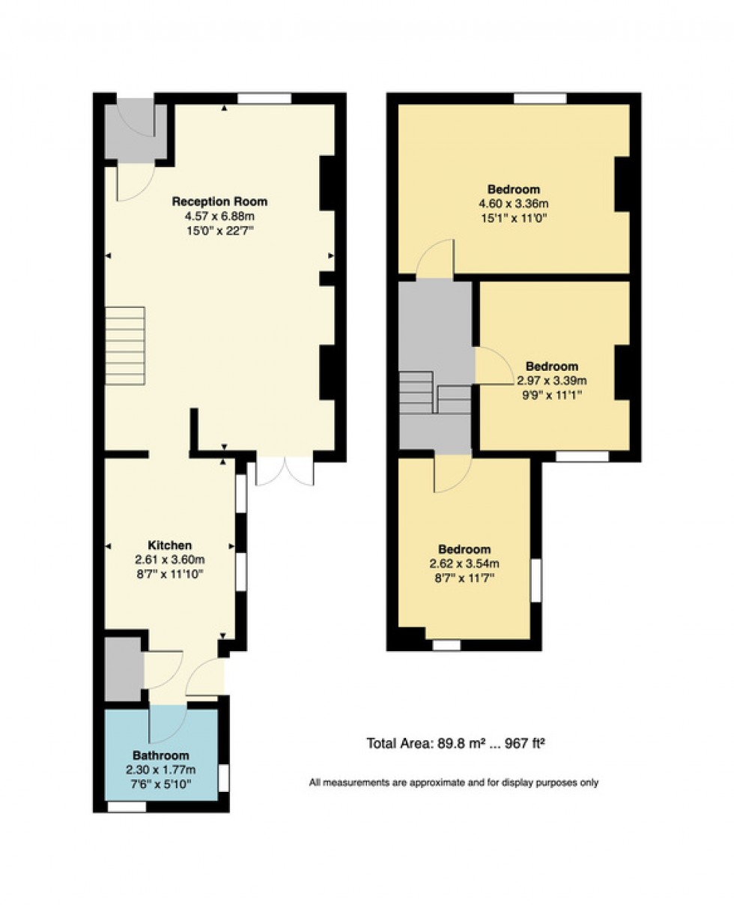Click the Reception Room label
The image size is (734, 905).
219,202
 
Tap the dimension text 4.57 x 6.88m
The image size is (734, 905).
219,216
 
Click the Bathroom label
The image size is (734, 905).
161,755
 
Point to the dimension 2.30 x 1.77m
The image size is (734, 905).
161,769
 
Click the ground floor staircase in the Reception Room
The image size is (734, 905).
125,345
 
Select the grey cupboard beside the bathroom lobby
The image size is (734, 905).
123,669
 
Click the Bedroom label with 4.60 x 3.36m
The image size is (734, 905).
513,189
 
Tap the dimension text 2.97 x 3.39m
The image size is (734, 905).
552,380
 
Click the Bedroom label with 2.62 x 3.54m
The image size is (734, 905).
464,549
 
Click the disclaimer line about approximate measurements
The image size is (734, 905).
454,783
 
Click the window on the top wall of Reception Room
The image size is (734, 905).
264,98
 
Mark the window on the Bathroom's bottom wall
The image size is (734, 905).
127,807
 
